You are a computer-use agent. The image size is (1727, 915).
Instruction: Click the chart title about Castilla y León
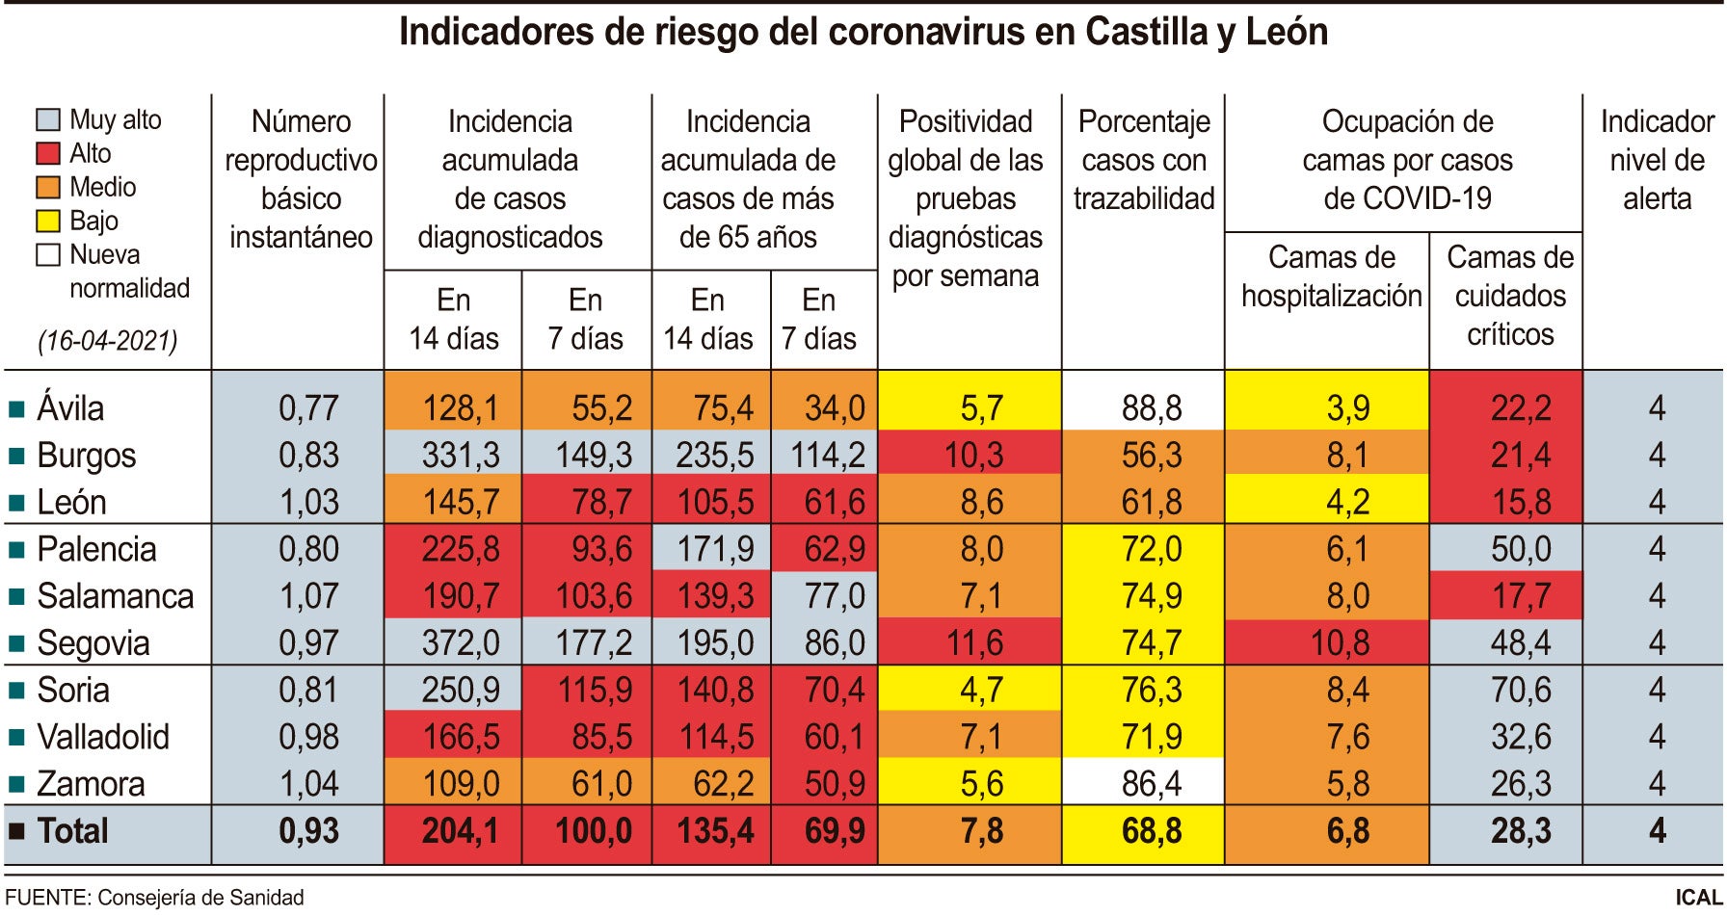click(863, 32)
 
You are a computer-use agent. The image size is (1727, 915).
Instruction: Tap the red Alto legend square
click(48, 153)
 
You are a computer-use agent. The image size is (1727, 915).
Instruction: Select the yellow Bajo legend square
click(48, 221)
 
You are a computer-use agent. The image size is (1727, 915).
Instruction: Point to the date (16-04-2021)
click(108, 341)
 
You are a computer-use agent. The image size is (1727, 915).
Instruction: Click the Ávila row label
click(70, 408)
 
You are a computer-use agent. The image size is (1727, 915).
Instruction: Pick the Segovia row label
click(93, 643)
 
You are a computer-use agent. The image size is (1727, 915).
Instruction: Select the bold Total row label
click(72, 831)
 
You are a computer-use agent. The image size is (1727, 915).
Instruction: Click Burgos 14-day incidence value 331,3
click(460, 455)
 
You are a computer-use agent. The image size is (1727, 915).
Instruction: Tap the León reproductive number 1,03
click(308, 502)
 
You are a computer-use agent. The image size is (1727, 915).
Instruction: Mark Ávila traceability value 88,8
click(1151, 408)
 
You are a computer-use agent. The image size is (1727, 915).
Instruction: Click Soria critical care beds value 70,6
click(1521, 691)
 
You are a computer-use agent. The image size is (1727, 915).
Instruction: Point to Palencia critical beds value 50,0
click(1521, 549)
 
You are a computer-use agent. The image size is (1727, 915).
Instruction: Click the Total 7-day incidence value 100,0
click(594, 831)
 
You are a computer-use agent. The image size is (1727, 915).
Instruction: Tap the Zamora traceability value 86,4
click(1151, 784)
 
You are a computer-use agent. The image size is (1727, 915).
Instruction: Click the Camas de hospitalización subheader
click(1331, 276)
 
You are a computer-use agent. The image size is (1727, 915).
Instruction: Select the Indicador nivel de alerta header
click(1657, 160)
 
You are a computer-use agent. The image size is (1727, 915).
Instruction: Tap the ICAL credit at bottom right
click(1698, 898)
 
